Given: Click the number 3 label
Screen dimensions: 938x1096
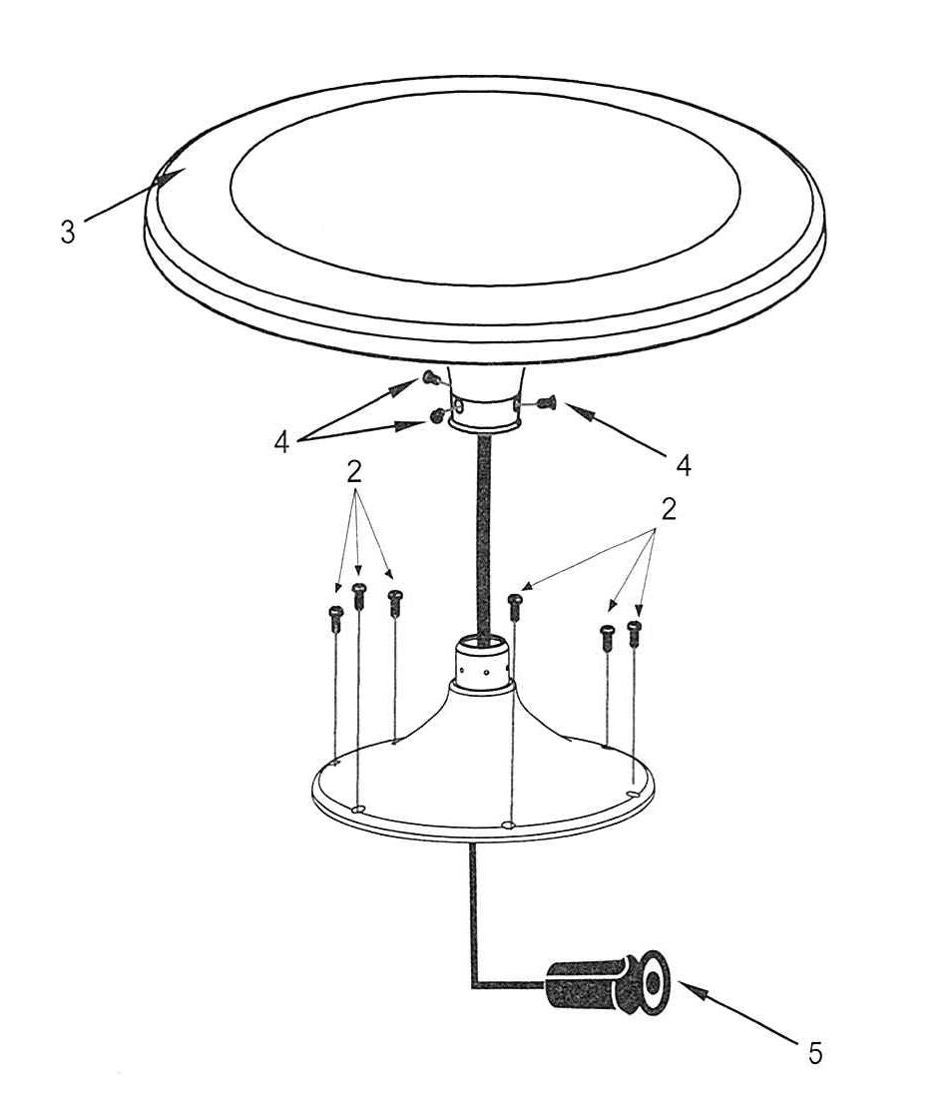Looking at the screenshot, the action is click(67, 232).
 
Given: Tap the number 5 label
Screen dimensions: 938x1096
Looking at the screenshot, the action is click(815, 1053).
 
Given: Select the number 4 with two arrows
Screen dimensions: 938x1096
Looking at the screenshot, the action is click(281, 442).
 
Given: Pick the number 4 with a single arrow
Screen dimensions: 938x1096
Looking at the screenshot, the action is click(684, 465).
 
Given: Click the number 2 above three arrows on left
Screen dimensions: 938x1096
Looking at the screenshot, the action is click(353, 473).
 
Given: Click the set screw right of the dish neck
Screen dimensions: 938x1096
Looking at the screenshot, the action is click(546, 402).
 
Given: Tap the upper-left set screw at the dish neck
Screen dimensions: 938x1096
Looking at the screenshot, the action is click(430, 379).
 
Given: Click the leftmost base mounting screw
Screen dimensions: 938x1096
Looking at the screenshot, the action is click(335, 619).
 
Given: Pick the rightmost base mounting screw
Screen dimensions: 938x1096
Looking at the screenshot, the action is click(635, 633).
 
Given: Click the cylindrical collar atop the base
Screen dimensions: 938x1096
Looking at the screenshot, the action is click(483, 663).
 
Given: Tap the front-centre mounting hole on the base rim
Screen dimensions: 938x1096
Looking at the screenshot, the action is click(509, 824).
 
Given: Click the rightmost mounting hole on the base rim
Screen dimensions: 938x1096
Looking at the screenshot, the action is click(634, 795).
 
